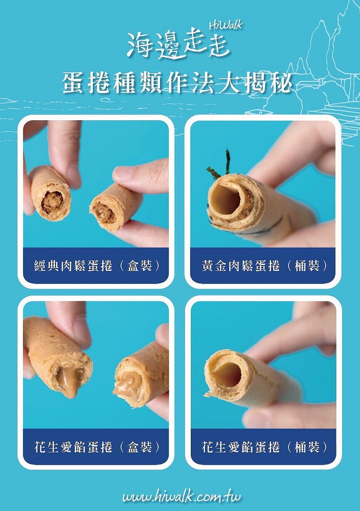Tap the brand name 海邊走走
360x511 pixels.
point(179,45)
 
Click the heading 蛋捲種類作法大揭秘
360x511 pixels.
point(177,83)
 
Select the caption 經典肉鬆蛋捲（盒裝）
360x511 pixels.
point(97,266)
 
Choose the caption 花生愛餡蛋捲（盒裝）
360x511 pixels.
point(97,447)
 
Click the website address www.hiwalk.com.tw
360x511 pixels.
point(181,496)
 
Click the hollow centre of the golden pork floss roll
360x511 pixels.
point(225,199)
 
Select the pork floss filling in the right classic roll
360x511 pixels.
point(104,214)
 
